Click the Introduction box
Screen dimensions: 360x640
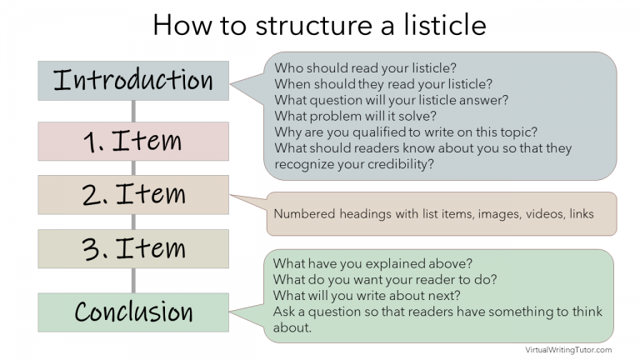tap(133, 81)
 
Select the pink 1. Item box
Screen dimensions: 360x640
tap(133, 141)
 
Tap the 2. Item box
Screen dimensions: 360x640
tap(133, 195)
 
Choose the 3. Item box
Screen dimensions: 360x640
tap(133, 248)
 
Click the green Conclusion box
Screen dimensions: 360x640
tap(133, 312)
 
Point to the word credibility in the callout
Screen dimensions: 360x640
tap(401, 163)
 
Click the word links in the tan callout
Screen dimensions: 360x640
tap(580, 214)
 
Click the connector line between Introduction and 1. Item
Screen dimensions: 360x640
tap(133, 111)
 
